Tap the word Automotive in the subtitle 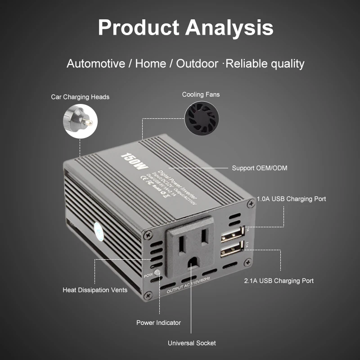96,63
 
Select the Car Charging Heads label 80,97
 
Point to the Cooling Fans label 201,94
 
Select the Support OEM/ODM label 260,168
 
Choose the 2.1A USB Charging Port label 279,280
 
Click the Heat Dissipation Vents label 95,290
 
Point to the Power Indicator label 158,323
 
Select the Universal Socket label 192,343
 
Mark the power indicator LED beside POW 157,273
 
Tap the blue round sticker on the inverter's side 98,230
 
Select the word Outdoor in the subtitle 197,63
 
